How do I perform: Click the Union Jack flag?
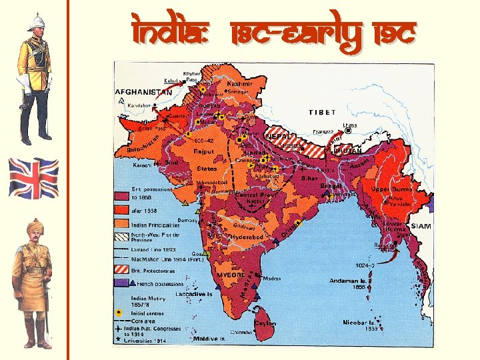click(33, 178)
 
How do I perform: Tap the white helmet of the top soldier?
click(34, 23)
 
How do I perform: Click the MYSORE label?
click(230, 274)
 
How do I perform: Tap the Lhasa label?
click(349, 125)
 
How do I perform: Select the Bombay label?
click(187, 219)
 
